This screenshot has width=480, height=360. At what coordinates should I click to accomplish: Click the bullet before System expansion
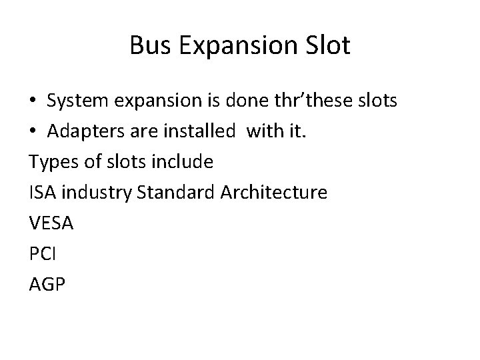coord(33,101)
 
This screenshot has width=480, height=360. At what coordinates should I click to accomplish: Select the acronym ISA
coord(43,193)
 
